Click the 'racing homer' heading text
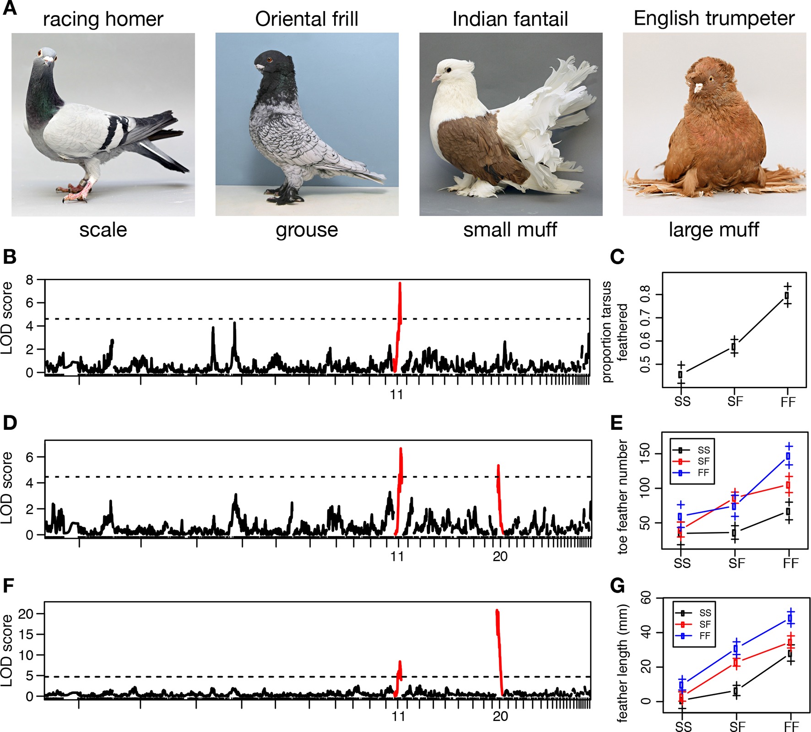tap(103, 19)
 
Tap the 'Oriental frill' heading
tap(307, 19)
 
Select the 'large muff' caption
tap(714, 229)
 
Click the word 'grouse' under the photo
tap(307, 229)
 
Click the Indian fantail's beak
tap(434, 79)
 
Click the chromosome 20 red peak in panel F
tap(497, 613)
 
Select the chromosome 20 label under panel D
tap(500, 556)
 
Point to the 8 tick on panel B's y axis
tap(29, 280)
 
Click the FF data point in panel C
tap(787, 296)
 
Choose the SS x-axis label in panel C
tap(682, 401)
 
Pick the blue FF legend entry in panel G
tap(694, 636)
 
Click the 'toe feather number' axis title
tap(622, 497)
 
